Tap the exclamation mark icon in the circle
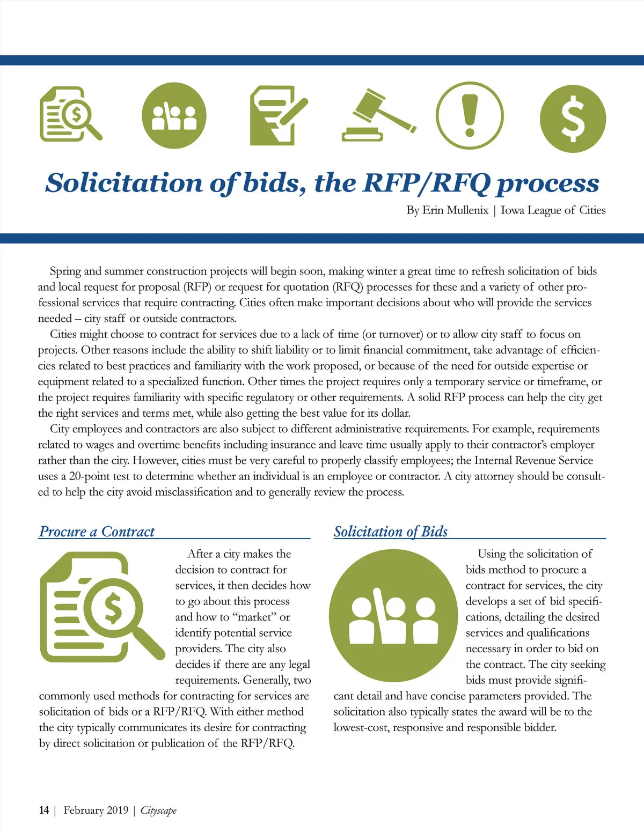pos(470,116)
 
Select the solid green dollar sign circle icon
pos(573,117)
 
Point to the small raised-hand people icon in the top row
pos(174,116)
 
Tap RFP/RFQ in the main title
pos(426,182)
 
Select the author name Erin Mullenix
pos(455,210)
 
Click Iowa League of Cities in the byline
pos(553,210)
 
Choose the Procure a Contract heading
pos(97,532)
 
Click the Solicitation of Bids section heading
pos(390,532)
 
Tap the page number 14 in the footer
pos(44,810)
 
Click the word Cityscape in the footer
pos(158,810)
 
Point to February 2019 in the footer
pos(96,810)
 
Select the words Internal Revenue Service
pos(533,460)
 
